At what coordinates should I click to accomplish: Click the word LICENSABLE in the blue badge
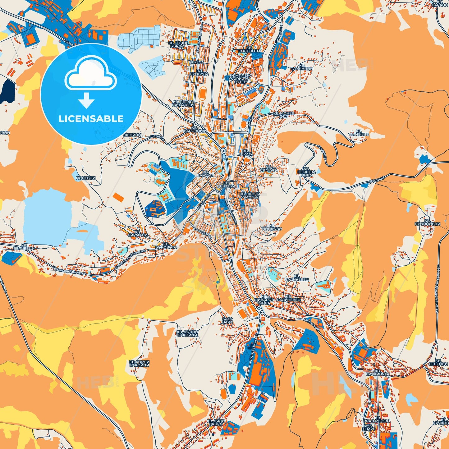pyautogui.click(x=91, y=119)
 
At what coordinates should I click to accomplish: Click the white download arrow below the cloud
pyautogui.click(x=86, y=100)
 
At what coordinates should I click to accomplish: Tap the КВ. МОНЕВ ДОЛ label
pyautogui.click(x=283, y=115)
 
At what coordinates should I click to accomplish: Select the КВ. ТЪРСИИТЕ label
pyautogui.click(x=359, y=133)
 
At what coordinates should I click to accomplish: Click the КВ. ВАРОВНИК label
pyautogui.click(x=195, y=129)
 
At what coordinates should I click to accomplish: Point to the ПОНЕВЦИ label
pyautogui.click(x=85, y=178)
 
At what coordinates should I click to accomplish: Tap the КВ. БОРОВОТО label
pyautogui.click(x=166, y=245)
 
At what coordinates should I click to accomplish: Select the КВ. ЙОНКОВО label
pyautogui.click(x=272, y=227)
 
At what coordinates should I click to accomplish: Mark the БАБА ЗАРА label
pyautogui.click(x=228, y=321)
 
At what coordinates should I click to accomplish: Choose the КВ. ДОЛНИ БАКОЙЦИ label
pyautogui.click(x=187, y=333)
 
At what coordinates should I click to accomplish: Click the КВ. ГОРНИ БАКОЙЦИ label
pyautogui.click(x=139, y=363)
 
